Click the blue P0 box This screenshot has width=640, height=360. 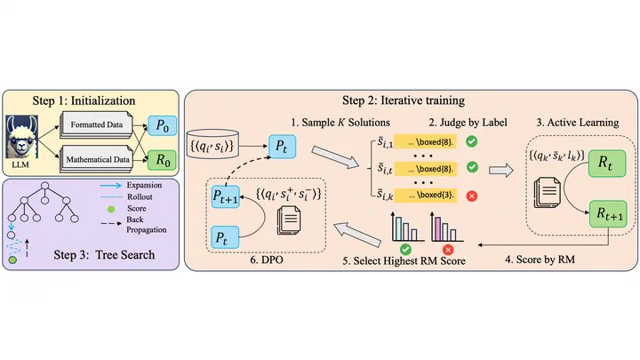[163, 125]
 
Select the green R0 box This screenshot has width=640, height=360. [163, 160]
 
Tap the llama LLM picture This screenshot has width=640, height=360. [21, 137]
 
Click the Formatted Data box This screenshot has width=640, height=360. [97, 124]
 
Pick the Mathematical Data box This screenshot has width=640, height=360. [97, 159]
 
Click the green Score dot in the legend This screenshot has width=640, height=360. [110, 209]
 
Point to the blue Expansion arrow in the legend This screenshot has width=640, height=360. [111, 185]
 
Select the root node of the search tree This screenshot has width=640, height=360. [45, 186]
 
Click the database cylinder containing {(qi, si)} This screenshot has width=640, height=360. [212, 145]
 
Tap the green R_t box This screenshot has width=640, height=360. [607, 164]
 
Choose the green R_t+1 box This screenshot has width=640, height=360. [608, 214]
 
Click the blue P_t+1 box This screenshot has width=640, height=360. [225, 196]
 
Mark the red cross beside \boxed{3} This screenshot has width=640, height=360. [472, 196]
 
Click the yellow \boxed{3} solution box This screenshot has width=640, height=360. [425, 195]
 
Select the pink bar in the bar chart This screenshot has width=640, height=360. [438, 229]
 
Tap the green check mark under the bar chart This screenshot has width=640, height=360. [405, 250]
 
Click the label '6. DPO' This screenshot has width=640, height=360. [267, 260]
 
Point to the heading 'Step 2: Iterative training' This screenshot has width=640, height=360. [404, 100]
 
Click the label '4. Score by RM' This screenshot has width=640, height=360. [540, 260]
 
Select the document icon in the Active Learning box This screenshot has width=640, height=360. [548, 192]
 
